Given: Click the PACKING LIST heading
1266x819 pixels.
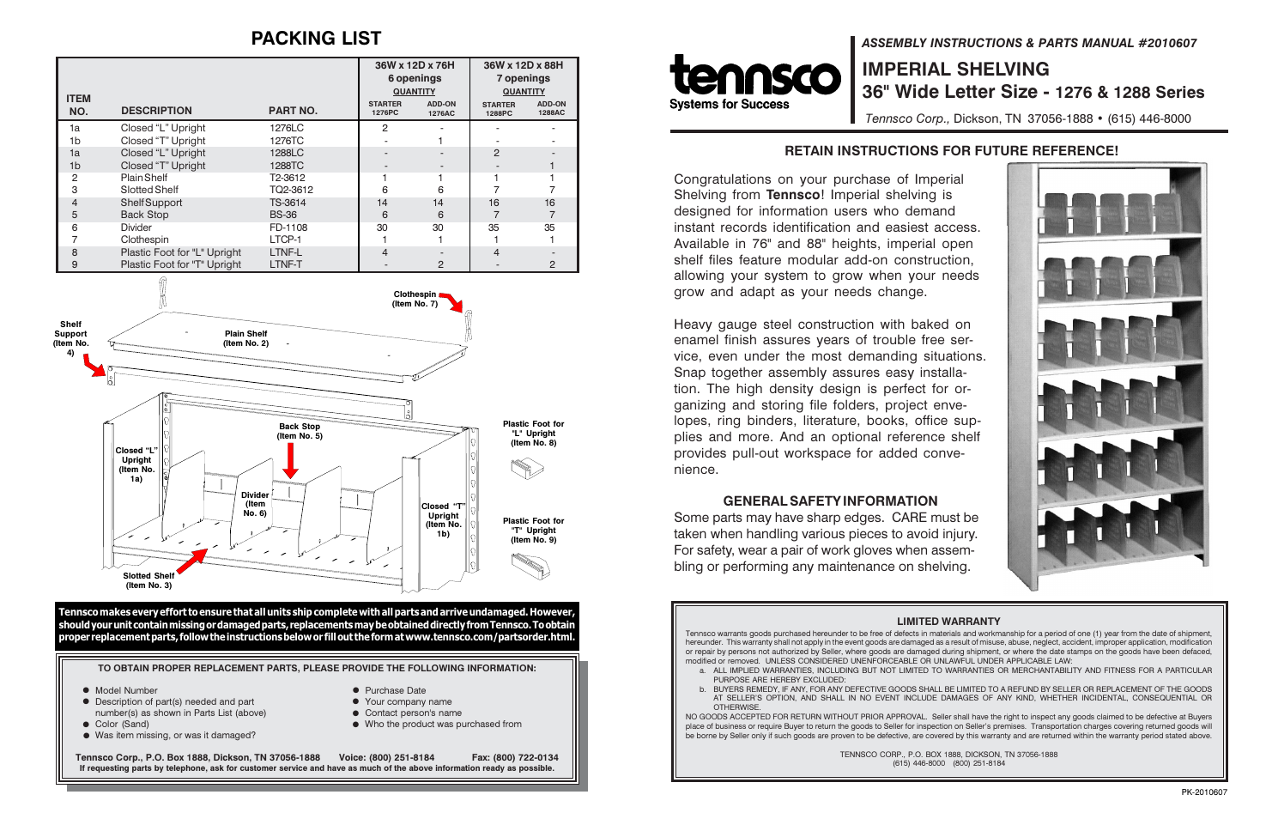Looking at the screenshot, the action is point(316,39).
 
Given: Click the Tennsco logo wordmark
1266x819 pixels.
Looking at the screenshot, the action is point(754,76).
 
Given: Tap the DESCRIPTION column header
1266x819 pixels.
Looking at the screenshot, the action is point(156,111).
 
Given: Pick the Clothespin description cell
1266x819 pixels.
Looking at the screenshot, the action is point(144,240).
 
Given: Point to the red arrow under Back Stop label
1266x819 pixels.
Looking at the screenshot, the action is point(291,460).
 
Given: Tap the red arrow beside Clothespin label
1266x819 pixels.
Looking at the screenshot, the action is point(451,301).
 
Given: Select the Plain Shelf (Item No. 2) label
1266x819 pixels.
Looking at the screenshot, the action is point(245,338).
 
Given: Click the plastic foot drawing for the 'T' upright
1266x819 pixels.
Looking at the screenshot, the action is point(530,566).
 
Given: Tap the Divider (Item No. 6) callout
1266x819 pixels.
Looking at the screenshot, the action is point(255,504).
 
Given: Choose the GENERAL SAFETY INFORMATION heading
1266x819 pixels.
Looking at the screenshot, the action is point(830,501).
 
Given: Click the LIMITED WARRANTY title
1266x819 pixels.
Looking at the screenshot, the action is point(948,622).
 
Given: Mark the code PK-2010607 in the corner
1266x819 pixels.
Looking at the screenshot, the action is point(1203,792).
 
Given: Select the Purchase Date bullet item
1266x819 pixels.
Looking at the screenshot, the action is point(395,690).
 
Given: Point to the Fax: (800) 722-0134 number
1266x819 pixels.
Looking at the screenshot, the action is point(515,757).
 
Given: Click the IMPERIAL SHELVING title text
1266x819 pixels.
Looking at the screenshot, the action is point(955,70).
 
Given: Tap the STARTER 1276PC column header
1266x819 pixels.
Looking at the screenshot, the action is point(385,108).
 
